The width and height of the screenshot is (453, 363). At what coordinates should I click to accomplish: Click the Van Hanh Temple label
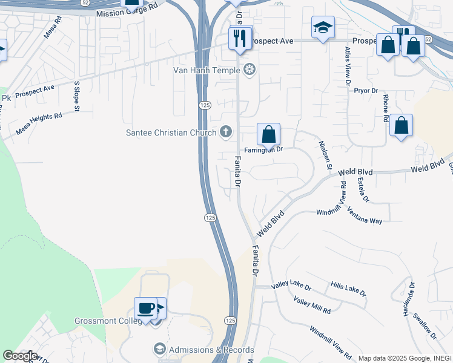tap(207, 70)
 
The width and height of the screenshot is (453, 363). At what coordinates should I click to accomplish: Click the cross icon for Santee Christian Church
tap(226, 131)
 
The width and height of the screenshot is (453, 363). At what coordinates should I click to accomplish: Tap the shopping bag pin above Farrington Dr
tap(268, 134)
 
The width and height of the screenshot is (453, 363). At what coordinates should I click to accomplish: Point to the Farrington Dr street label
tap(263, 149)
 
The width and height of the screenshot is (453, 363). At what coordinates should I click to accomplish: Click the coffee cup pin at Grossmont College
tap(146, 308)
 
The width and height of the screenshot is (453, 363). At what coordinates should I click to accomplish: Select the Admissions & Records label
tap(211, 350)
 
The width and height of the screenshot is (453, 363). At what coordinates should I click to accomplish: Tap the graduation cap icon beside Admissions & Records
tap(159, 349)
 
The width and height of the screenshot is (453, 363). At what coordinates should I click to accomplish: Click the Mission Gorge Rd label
tap(126, 13)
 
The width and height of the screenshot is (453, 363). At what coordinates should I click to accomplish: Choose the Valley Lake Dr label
tap(291, 286)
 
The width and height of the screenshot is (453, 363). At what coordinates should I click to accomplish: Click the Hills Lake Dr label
tap(348, 289)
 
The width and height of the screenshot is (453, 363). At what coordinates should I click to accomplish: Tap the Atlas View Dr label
tap(348, 67)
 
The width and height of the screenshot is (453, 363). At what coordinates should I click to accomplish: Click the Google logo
tap(19, 356)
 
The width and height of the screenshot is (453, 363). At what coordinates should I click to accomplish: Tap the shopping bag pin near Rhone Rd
tap(401, 125)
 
